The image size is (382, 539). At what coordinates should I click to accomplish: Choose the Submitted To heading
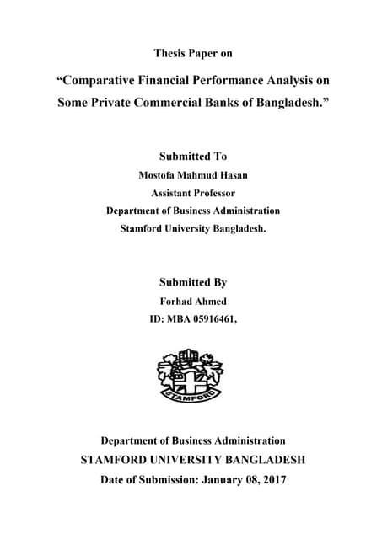tap(192, 157)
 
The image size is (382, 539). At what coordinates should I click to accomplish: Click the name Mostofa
tap(158, 176)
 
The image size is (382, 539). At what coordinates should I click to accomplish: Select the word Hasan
tap(232, 176)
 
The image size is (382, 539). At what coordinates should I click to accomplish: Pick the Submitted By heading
tap(192, 282)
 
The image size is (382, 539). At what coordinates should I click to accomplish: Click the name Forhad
tap(175, 302)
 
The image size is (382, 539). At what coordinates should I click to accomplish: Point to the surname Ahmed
tap(210, 302)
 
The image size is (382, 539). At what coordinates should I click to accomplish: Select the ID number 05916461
tap(214, 319)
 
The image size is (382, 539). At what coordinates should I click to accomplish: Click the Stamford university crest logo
tap(191, 375)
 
